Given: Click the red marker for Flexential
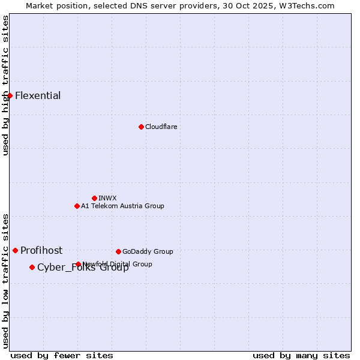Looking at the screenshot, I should (x=10, y=95).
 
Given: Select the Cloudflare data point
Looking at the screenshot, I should (x=141, y=127).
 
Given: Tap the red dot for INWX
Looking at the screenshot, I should (x=94, y=198).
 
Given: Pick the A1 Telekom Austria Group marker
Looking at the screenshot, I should (x=77, y=206).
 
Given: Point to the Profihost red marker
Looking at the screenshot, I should (x=15, y=250).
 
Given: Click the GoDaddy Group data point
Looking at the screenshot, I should (x=118, y=251).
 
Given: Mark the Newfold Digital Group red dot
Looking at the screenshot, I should (x=78, y=264).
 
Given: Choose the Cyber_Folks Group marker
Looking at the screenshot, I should (x=32, y=267).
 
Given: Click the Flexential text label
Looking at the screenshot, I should (x=38, y=95).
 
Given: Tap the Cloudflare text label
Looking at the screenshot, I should (x=161, y=127).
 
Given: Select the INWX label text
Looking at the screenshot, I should (x=107, y=198).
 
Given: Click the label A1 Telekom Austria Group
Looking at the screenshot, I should (x=122, y=206).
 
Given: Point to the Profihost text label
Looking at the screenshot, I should (x=41, y=250).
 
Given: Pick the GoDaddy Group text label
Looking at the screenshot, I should (x=148, y=251).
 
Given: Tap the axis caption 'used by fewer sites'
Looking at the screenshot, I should (x=62, y=355).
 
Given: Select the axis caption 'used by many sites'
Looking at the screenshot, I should (x=301, y=355).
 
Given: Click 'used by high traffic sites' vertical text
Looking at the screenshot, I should (x=6, y=85).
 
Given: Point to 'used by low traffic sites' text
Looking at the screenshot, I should (x=6, y=280).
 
